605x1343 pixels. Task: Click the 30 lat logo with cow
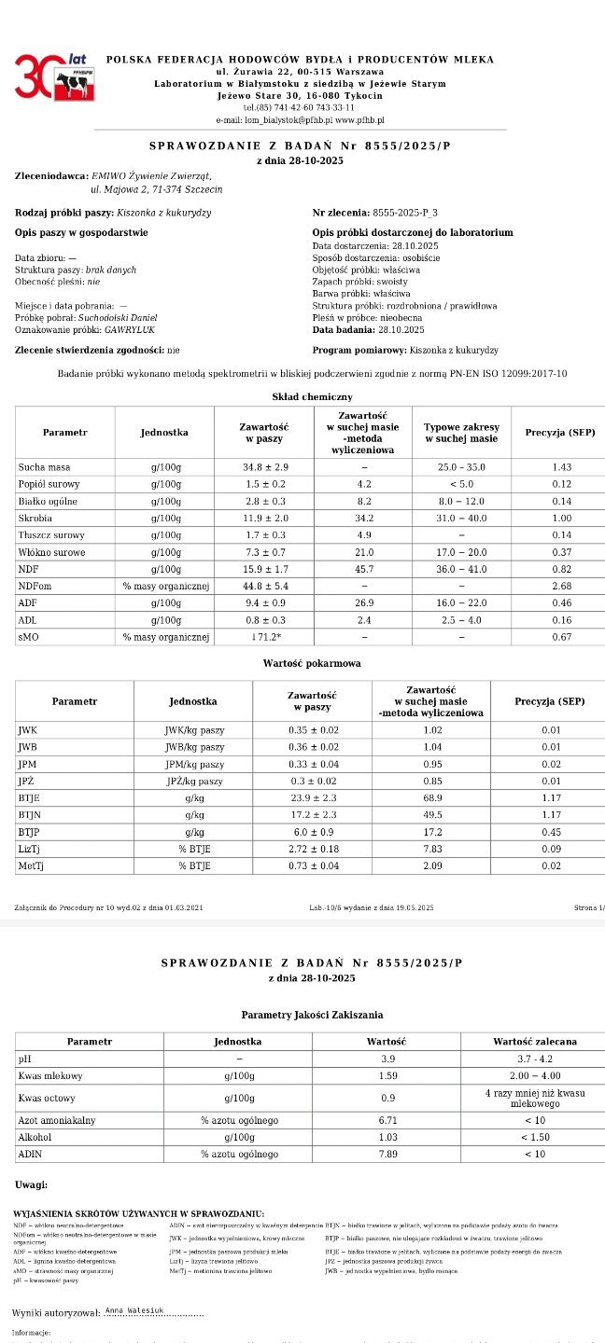pyautogui.click(x=53, y=77)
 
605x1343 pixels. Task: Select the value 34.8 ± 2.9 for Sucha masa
pyautogui.click(x=263, y=466)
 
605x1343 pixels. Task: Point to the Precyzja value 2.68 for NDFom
pyautogui.click(x=560, y=585)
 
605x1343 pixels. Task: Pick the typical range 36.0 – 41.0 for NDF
pyautogui.click(x=461, y=568)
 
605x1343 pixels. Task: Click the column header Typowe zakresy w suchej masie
pyautogui.click(x=461, y=433)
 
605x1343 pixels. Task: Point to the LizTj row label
pyautogui.click(x=31, y=849)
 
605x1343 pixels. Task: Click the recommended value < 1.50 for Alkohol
pyautogui.click(x=535, y=1137)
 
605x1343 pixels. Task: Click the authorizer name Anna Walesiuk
pyautogui.click(x=134, y=1310)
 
